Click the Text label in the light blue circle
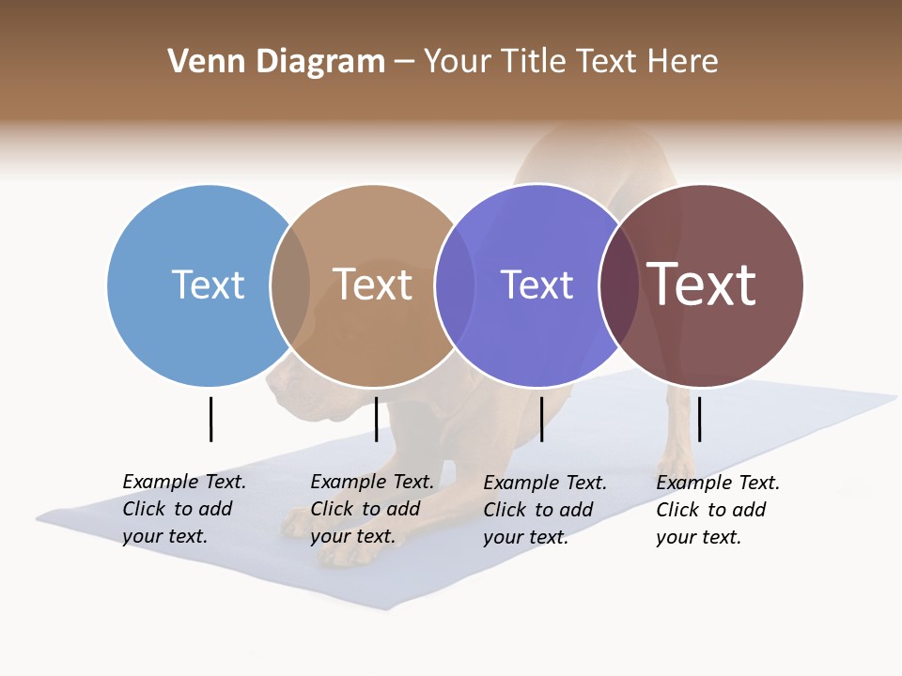[x=208, y=284]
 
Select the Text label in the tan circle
[x=372, y=284]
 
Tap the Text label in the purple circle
[x=537, y=284]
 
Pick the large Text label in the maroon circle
[x=701, y=284]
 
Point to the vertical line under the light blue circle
[x=210, y=419]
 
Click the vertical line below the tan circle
[x=376, y=419]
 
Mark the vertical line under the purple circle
[x=541, y=419]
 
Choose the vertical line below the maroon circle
[x=699, y=419]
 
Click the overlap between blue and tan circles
[x=290, y=284]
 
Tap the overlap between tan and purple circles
[x=455, y=284]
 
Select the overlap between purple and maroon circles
[x=619, y=284]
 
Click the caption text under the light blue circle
[x=183, y=509]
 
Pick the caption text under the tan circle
[x=371, y=509]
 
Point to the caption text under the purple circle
[x=544, y=510]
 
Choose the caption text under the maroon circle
[x=717, y=510]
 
